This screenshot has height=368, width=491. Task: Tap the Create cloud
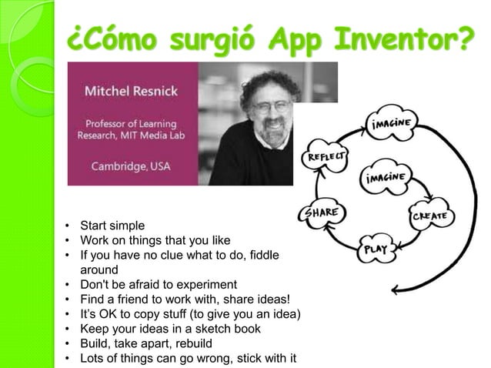pos(431,216)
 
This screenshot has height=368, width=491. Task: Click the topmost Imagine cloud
pos(396,123)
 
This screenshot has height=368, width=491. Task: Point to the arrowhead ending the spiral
pos(395,291)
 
